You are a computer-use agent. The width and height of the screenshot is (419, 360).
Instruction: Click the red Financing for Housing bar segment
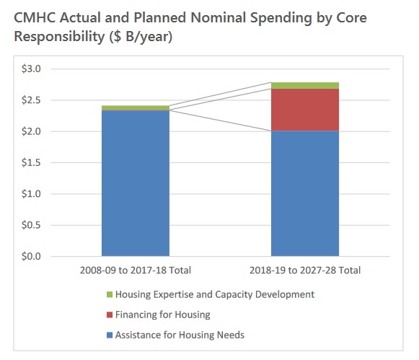tap(305, 110)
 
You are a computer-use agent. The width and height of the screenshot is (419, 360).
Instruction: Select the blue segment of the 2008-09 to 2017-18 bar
tap(136, 183)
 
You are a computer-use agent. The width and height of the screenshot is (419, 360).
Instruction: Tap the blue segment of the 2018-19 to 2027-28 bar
tap(305, 193)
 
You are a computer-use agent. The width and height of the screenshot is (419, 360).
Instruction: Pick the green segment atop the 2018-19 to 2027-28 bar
tap(305, 86)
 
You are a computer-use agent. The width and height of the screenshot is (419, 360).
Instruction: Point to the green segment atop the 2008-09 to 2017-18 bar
tap(136, 107)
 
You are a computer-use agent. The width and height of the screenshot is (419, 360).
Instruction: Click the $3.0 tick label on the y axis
tap(31, 69)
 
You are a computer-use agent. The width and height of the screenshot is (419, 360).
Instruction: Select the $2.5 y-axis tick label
tap(31, 100)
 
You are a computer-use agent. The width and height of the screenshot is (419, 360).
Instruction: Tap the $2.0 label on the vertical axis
tap(31, 131)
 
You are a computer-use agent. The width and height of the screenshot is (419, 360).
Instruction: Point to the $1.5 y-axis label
tap(31, 162)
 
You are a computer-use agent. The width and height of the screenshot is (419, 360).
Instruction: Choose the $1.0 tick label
tap(31, 194)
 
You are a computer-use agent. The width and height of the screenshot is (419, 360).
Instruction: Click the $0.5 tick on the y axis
tap(31, 225)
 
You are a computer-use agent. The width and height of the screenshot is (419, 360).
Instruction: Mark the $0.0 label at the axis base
tap(31, 256)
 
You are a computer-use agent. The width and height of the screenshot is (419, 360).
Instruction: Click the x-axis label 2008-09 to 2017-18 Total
tap(136, 271)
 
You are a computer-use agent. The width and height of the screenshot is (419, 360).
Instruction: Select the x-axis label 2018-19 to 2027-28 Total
tap(305, 271)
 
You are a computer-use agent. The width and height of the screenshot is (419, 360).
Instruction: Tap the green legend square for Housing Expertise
tap(110, 294)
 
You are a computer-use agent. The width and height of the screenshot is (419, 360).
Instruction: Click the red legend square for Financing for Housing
tap(110, 315)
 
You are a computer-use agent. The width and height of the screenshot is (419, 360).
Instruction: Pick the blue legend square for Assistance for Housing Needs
tap(110, 335)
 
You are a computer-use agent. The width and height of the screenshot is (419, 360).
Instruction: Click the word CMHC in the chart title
tap(35, 18)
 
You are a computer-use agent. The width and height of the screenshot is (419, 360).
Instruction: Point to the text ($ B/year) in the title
tap(141, 37)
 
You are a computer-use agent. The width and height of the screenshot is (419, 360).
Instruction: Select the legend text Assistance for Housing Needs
tap(180, 335)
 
